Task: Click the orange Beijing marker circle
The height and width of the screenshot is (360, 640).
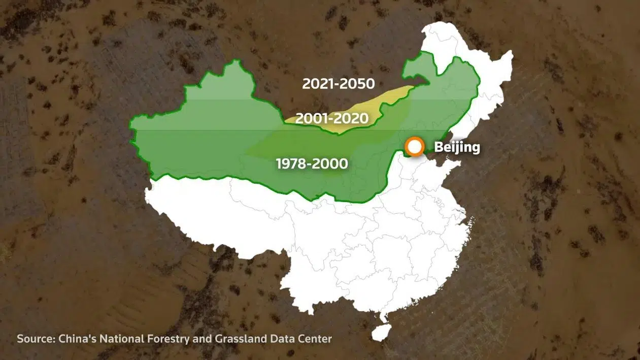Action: (x=415, y=147)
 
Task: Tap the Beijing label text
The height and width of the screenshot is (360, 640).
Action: (x=457, y=148)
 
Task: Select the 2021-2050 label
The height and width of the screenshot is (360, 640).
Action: (x=338, y=84)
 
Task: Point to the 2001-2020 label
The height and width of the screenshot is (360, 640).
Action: (x=331, y=118)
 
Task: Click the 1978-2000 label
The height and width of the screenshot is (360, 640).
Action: (x=312, y=163)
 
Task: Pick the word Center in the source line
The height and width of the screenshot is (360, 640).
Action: (x=316, y=339)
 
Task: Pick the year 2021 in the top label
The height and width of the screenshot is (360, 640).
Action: (x=318, y=84)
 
